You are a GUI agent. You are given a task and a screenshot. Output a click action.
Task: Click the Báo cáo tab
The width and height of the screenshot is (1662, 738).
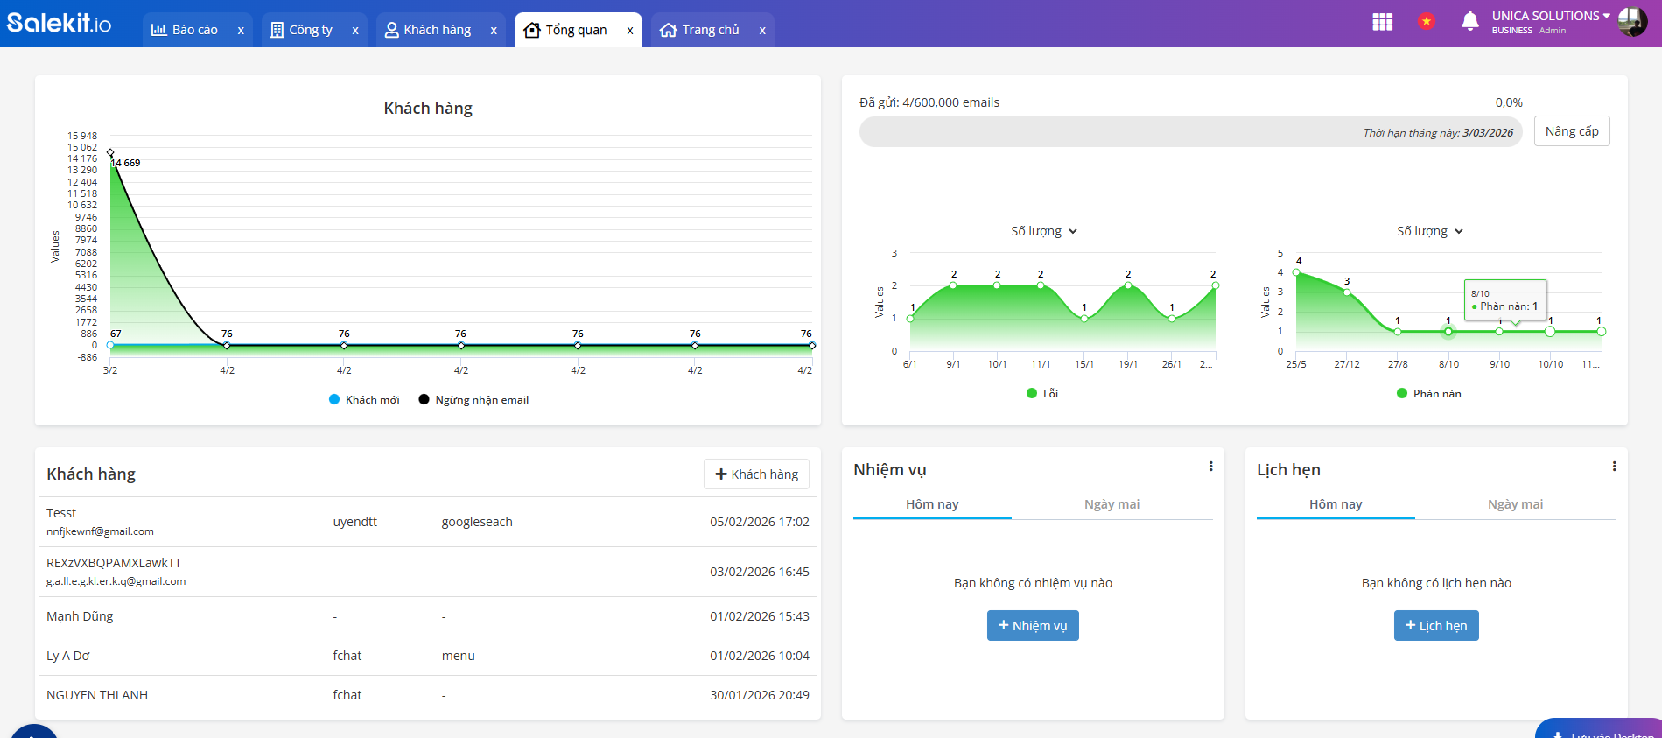click(x=185, y=30)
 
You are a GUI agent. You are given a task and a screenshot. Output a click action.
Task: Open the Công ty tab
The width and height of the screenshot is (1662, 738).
click(x=302, y=30)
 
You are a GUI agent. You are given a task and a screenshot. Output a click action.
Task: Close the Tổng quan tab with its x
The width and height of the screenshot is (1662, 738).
click(x=630, y=31)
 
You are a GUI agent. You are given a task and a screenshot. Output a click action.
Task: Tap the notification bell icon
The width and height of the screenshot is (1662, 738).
click(x=1470, y=21)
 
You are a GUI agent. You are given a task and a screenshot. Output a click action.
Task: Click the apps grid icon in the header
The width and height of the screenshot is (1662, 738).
click(x=1383, y=22)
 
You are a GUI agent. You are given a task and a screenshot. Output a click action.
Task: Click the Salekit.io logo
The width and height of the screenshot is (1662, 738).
click(x=60, y=22)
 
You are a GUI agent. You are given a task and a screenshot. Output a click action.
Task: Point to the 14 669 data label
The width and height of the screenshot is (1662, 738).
click(x=126, y=163)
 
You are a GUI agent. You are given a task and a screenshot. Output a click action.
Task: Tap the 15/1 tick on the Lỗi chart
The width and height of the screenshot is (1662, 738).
click(x=1084, y=364)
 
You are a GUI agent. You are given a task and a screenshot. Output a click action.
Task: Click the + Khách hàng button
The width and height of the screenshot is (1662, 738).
click(x=756, y=474)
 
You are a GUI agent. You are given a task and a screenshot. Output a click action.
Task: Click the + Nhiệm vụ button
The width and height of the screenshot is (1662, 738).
click(x=1033, y=626)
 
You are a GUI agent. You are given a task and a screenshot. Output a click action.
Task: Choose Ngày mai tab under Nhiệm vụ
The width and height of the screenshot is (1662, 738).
click(x=1112, y=504)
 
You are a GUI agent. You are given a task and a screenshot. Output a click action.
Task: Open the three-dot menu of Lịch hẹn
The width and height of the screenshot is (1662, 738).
click(x=1614, y=467)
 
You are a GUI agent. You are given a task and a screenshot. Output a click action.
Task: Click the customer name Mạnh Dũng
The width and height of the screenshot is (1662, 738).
click(x=80, y=616)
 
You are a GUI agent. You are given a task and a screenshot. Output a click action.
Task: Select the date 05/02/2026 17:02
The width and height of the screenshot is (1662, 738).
click(x=759, y=522)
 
